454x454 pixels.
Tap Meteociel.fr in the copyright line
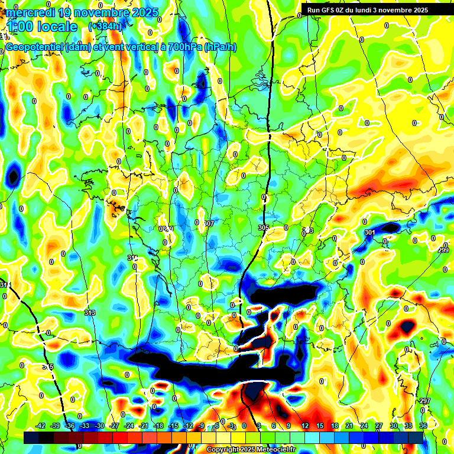pos(275,449)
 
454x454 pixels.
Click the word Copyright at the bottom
pos(224,449)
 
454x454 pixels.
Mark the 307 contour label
pos(208,223)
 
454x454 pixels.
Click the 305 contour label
pos(264,228)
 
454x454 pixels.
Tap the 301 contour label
pos(370,232)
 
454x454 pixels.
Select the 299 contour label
pos(443,251)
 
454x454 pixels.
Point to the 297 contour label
pos(424,401)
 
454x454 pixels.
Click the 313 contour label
pos(90,313)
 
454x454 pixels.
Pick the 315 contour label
pos(47,367)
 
